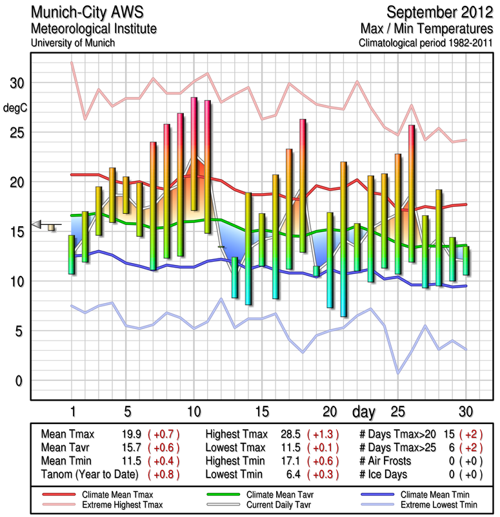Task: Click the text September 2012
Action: pos(439,12)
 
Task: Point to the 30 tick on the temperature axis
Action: pos(15,83)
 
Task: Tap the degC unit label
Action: pos(15,108)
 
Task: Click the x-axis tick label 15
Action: pos(261,411)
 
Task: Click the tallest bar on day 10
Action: pos(194,154)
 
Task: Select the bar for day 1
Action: pos(72,255)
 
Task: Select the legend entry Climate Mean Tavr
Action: pos(271,494)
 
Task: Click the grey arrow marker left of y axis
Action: pos(37,224)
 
